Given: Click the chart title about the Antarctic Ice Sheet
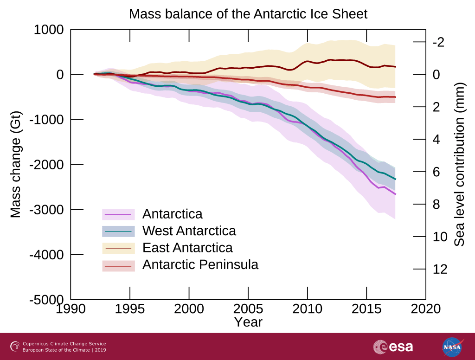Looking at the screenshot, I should point(248,14).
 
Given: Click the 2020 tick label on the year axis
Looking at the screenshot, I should point(425,309).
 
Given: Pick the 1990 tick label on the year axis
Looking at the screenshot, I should point(71,309).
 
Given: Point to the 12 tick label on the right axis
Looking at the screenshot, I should point(440,269).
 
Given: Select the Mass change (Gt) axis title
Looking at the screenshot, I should point(16,165).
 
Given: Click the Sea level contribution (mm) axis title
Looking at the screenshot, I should point(459,165).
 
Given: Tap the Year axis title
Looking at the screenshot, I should point(248,321).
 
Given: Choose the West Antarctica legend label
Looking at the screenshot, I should point(189,231).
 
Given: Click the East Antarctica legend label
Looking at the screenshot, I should point(187,247).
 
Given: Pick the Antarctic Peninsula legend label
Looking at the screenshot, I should point(200,264).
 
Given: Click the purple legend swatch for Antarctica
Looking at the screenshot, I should point(118,214).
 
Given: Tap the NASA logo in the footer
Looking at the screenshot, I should point(452,347).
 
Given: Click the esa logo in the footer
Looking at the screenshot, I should point(393,347).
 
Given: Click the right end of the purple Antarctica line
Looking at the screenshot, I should point(395,194).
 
